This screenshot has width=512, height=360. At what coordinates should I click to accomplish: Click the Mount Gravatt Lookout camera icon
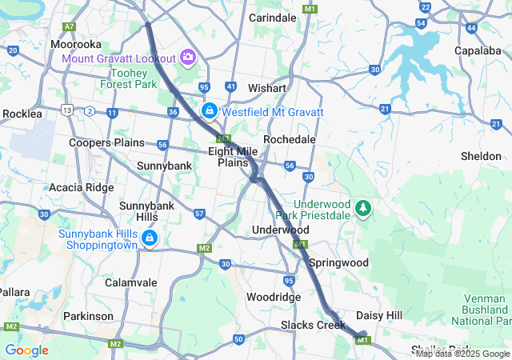click(x=188, y=57)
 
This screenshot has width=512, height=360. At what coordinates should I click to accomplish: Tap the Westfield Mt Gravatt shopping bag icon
click(x=210, y=110)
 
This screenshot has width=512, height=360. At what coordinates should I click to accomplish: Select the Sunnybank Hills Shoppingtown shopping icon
click(x=150, y=238)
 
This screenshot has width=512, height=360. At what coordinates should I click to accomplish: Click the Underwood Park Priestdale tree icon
click(x=364, y=208)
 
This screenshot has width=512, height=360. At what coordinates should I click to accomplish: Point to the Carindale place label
click(x=273, y=17)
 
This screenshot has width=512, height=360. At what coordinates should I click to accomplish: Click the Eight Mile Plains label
click(x=233, y=156)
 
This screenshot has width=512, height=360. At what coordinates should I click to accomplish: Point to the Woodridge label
click(x=274, y=297)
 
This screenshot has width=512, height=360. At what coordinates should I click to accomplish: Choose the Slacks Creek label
click(x=313, y=325)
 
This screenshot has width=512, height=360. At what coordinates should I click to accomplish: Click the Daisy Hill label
click(x=379, y=316)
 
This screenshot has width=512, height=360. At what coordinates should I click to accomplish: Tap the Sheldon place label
click(x=481, y=156)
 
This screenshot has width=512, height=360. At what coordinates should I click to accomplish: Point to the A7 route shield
click(x=69, y=26)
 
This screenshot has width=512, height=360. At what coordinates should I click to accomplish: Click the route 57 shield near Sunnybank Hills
click(x=200, y=214)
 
